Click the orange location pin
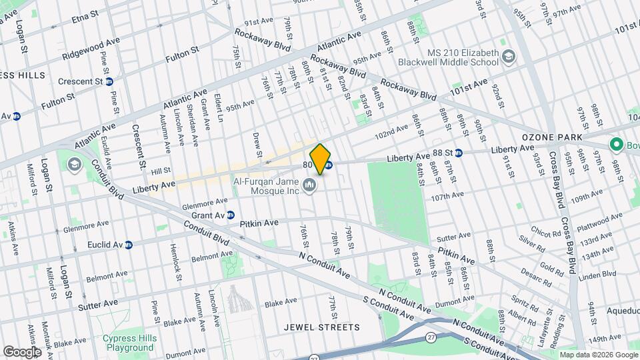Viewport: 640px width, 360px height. pos(321,158)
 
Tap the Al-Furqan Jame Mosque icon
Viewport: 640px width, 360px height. pos(309,184)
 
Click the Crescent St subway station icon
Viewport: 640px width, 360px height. pos(109,81)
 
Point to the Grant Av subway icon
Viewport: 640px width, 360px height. pos(230,215)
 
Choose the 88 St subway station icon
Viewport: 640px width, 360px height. pos(467,152)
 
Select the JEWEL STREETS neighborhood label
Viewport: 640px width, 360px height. pos(321,327)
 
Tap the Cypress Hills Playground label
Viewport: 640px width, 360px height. pos(128,343)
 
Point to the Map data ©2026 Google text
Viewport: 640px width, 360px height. pos(597,355)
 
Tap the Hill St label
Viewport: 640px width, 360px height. pos(161,170)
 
